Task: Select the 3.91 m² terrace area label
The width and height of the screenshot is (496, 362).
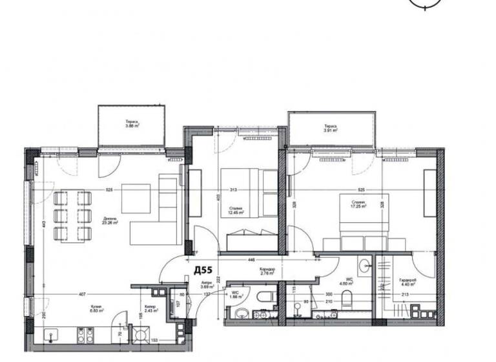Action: [x=331, y=128]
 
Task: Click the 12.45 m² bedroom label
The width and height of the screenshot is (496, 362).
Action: [x=236, y=209]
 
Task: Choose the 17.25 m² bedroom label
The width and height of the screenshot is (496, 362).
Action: [x=358, y=205]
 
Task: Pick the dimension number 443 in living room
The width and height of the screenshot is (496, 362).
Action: [x=39, y=224]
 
